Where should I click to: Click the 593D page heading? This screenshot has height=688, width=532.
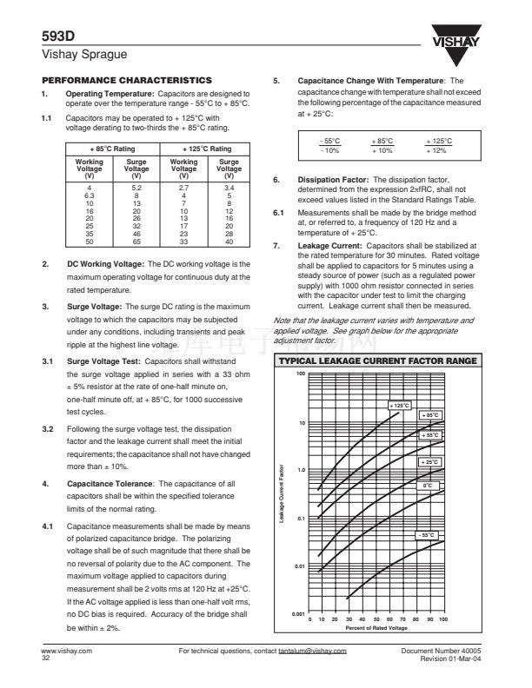(57, 37)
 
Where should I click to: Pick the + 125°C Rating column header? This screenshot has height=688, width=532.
(207, 149)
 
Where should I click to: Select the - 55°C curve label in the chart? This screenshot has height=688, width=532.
(427, 534)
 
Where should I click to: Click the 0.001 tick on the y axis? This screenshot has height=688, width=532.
(296, 613)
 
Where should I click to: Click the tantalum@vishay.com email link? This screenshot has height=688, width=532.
(312, 650)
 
